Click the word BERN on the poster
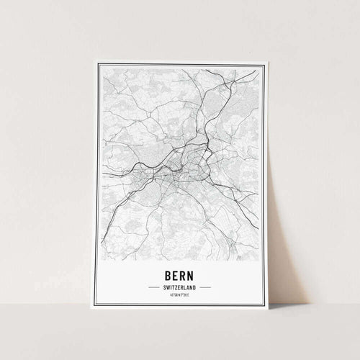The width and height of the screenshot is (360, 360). [180, 275]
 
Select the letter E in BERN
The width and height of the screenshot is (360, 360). [174, 275]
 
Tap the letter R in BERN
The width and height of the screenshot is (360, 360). [185, 275]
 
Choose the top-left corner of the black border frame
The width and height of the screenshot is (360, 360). [99, 66]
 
